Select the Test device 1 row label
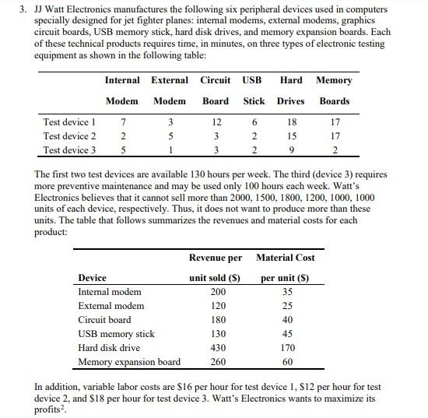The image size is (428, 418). click(70, 122)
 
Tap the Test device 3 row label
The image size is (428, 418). click(70, 150)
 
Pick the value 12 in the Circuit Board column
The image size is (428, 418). click(216, 122)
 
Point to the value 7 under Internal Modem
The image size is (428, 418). click(123, 122)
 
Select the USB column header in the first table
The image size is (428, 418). click(252, 80)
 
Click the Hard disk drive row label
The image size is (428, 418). click(110, 348)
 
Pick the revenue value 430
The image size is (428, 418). click(219, 348)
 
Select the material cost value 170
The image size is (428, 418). click(287, 348)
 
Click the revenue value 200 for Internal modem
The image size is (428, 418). click(219, 292)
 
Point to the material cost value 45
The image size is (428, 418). click(287, 334)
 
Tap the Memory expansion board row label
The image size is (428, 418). click(129, 362)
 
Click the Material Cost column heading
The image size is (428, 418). click(286, 258)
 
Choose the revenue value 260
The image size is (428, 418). click(219, 362)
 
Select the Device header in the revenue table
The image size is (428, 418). click(93, 278)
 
